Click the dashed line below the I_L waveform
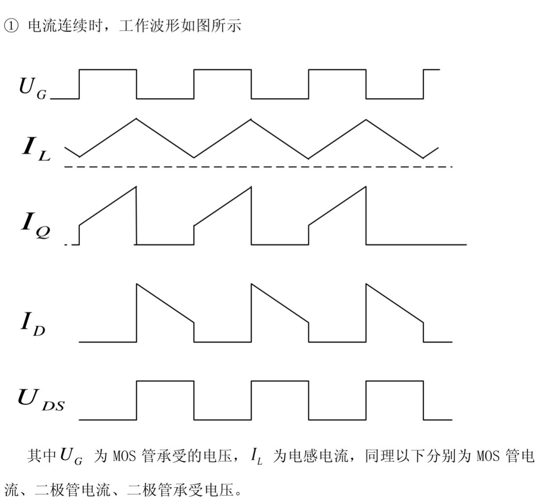257,167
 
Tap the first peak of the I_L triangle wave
137,118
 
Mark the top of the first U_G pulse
108,69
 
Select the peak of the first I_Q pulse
135,187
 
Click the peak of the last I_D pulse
366,284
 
